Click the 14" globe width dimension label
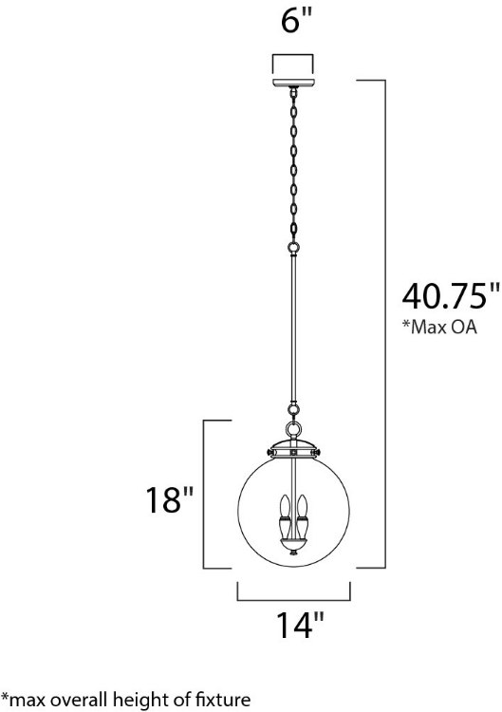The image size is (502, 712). [293, 629]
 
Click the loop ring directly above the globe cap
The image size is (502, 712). [293, 410]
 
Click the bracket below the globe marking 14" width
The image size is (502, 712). [293, 596]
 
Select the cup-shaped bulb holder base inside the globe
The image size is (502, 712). [293, 535]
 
